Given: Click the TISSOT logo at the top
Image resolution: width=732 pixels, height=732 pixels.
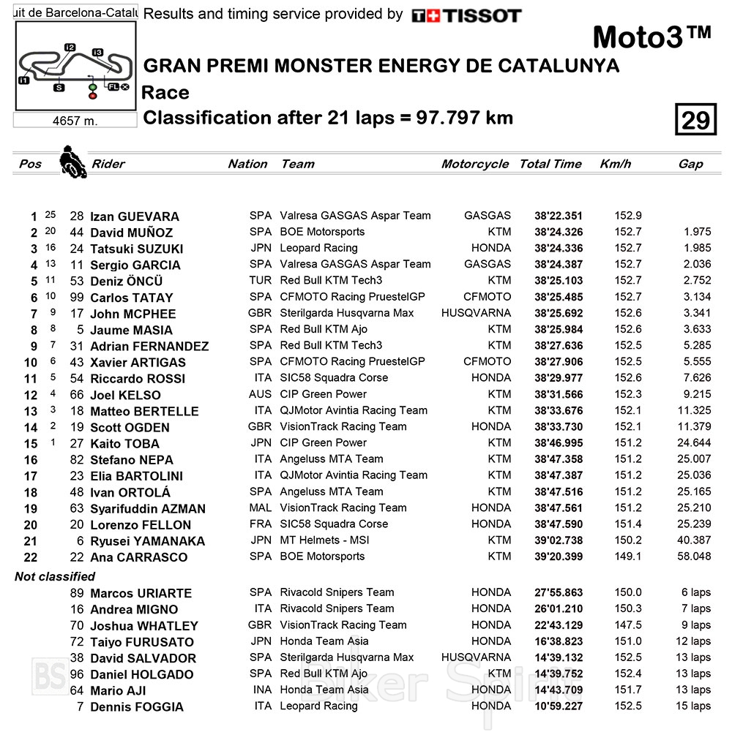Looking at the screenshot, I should click(x=466, y=15).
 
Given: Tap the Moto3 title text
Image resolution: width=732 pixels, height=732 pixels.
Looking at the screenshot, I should click(x=651, y=37).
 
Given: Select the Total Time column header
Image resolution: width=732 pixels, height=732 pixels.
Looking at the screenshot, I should click(x=550, y=164).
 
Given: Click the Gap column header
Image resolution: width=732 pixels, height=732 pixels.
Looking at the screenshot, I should click(x=690, y=164).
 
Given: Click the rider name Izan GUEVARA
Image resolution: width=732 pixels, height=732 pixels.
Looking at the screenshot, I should click(x=135, y=216).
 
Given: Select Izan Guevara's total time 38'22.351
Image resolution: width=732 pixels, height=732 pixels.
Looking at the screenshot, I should click(x=559, y=216).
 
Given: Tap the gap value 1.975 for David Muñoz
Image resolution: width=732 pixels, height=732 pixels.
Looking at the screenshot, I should click(x=697, y=232).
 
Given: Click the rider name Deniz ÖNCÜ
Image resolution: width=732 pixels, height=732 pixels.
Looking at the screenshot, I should click(x=127, y=282).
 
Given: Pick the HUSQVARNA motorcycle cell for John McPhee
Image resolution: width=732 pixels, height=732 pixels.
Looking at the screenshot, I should click(x=476, y=313).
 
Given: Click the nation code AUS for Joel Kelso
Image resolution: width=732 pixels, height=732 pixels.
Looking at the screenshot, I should click(x=260, y=394).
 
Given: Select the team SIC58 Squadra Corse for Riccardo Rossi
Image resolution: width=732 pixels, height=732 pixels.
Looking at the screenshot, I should click(x=334, y=378).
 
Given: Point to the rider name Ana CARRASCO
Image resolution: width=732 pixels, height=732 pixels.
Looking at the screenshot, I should click(x=138, y=557).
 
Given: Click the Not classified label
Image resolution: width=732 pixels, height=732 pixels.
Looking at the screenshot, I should click(x=55, y=576).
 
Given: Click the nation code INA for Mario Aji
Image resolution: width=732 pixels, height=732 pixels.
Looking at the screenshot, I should click(x=260, y=690).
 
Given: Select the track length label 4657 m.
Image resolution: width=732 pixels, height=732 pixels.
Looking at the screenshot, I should click(x=75, y=121).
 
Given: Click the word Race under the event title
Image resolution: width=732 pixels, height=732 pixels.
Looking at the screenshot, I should click(x=165, y=93).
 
